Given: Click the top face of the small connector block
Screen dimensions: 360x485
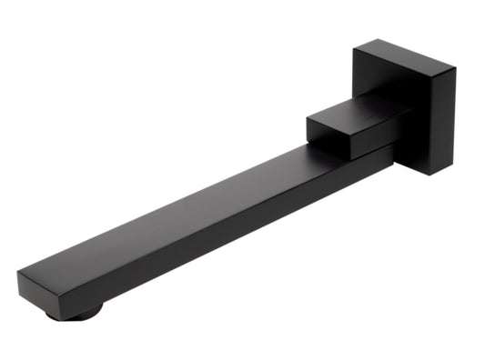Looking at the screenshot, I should tap(350, 114).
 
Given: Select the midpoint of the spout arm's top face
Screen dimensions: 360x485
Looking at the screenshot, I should tap(200, 215).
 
